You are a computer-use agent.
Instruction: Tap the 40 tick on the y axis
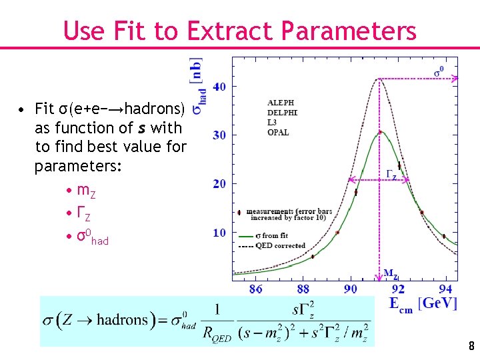click(x=219, y=87)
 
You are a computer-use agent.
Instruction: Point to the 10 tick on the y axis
click(x=219, y=233)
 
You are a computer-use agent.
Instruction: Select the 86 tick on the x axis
click(x=255, y=289)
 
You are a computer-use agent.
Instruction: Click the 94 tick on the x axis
click(x=446, y=289)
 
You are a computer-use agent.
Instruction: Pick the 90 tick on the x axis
click(x=351, y=289)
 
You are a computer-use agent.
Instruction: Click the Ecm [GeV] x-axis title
click(x=423, y=304)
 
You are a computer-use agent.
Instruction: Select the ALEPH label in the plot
click(x=280, y=103)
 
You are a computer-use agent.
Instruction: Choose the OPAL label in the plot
click(x=278, y=133)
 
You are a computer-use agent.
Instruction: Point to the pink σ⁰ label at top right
click(x=439, y=71)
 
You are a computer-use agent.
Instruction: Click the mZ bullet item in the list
click(x=86, y=193)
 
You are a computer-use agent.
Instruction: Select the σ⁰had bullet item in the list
click(x=93, y=238)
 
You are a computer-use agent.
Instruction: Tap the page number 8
click(x=471, y=346)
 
